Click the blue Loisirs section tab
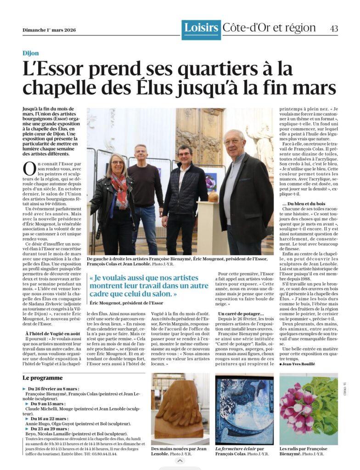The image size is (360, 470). point(201,28)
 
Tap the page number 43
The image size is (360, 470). point(334,28)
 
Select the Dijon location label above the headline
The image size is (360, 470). point(31,53)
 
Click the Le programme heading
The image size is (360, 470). point(42,378)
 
